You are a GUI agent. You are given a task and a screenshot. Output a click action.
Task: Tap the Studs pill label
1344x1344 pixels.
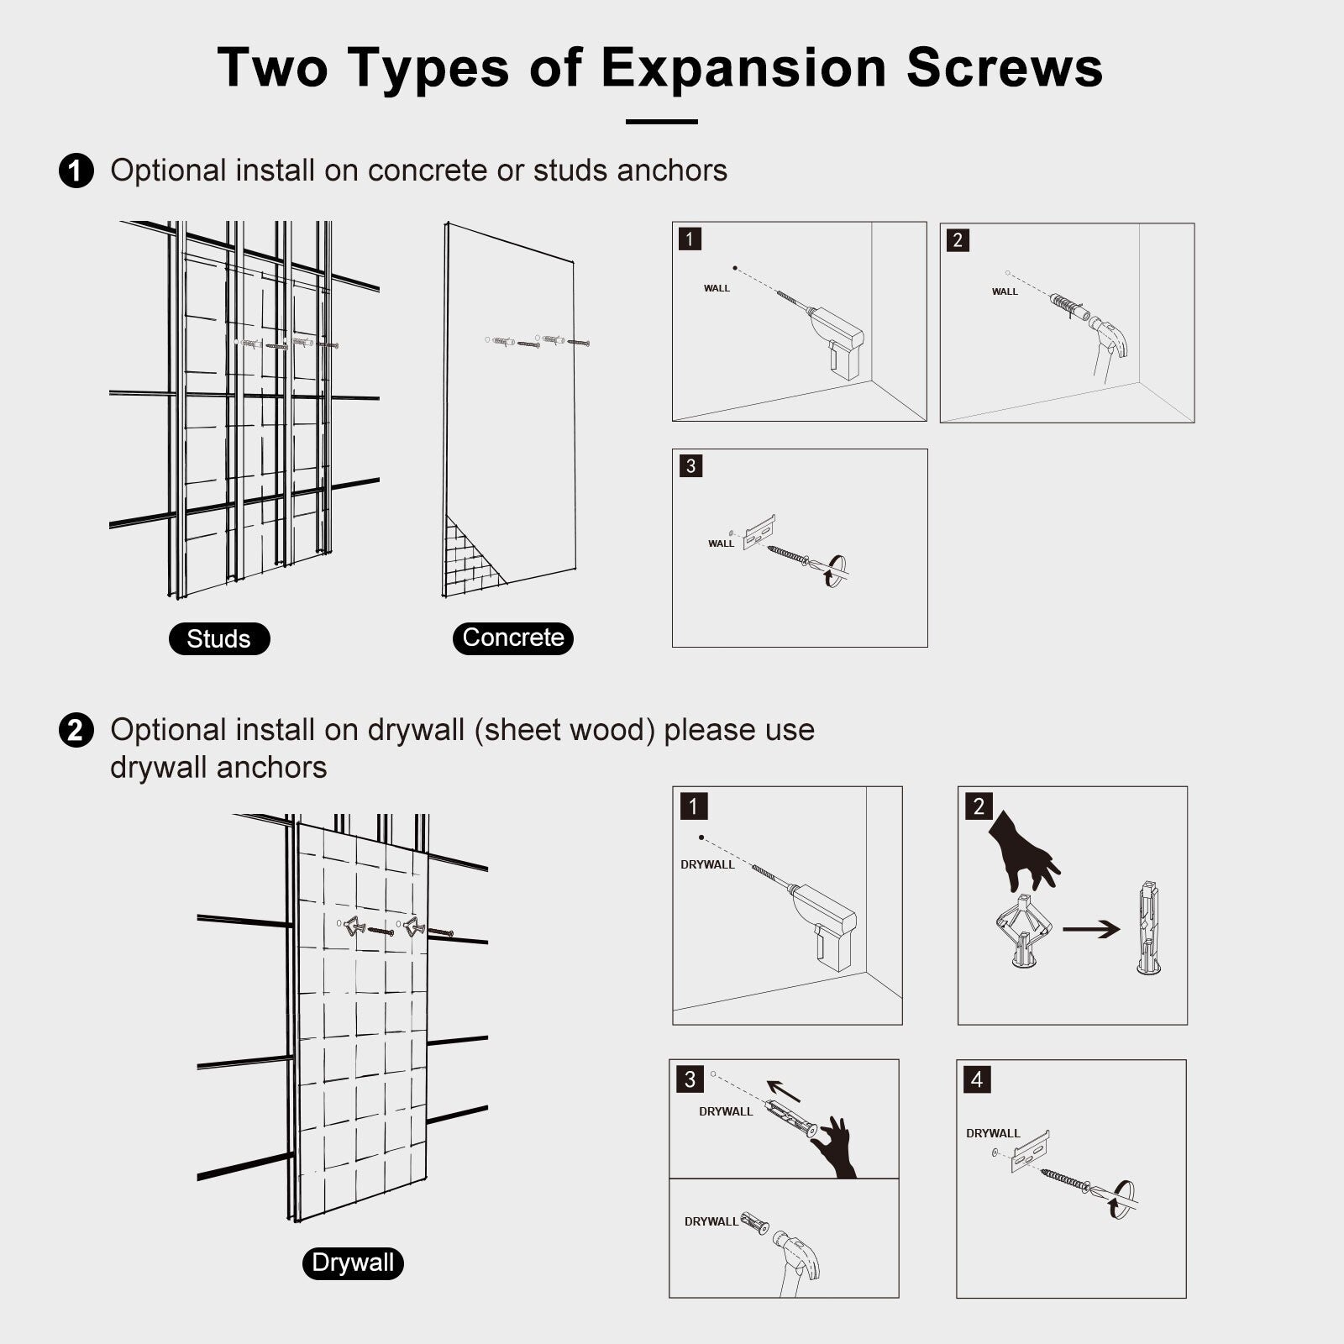(x=219, y=638)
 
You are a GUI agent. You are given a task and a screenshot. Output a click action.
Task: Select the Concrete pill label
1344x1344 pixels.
(x=513, y=638)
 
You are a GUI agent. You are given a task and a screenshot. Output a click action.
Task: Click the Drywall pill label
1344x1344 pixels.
(x=353, y=1263)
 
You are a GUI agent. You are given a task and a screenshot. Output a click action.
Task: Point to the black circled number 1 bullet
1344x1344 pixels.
(x=76, y=171)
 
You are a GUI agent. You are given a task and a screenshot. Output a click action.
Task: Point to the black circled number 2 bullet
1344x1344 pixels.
(x=76, y=730)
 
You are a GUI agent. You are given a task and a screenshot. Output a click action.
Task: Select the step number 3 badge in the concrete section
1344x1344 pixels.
(x=690, y=465)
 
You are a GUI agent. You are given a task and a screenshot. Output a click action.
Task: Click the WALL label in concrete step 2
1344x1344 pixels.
(x=1005, y=291)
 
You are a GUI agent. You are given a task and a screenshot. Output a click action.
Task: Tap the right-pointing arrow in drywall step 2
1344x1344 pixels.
(x=1091, y=929)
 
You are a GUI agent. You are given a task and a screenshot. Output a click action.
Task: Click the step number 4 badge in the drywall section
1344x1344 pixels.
(x=977, y=1079)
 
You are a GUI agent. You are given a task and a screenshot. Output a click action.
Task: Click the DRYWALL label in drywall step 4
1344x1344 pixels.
(x=993, y=1133)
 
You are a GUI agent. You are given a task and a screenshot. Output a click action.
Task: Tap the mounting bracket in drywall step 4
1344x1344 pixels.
(x=1030, y=1152)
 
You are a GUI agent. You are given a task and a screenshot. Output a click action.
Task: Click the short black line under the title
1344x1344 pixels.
(x=662, y=122)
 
